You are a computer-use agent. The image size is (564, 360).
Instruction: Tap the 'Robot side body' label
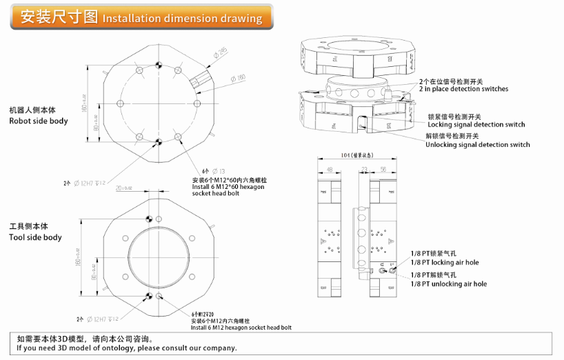pos(39,121)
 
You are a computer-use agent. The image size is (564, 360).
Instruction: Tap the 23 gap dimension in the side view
pos(363,169)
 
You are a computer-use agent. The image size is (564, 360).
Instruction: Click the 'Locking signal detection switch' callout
pos(476,125)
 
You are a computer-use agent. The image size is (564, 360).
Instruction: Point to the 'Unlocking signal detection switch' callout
pos(477,145)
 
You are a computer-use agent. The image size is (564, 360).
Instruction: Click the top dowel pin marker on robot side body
pos(159,66)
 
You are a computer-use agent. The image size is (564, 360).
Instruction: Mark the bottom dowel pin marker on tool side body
pos(148,297)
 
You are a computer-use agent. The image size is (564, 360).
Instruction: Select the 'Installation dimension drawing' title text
pos(182,19)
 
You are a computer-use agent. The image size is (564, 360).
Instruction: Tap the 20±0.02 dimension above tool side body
pos(125,188)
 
